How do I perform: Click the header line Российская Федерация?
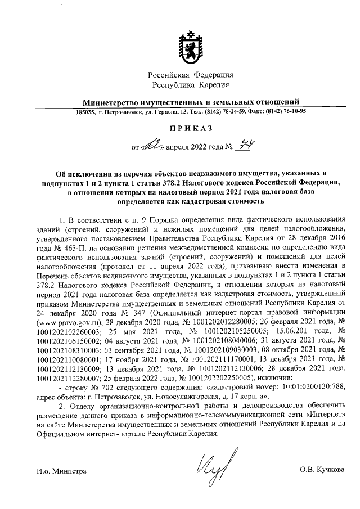[191, 75]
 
